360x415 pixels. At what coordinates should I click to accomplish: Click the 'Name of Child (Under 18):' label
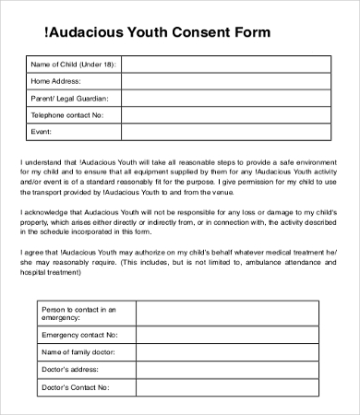(71, 65)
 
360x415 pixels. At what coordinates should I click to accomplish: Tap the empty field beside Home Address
(226, 81)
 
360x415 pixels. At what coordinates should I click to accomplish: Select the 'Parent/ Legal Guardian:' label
(70, 98)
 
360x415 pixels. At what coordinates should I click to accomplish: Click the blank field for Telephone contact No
(226, 115)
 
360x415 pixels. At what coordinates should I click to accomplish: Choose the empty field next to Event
(226, 132)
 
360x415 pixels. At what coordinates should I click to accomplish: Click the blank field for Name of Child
(226, 65)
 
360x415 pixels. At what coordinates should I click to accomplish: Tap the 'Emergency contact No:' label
(79, 336)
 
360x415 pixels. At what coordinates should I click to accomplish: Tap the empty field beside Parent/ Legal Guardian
(226, 98)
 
